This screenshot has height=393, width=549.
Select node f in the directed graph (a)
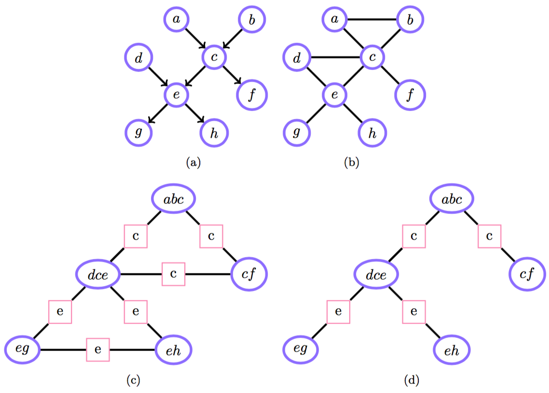coord(251,95)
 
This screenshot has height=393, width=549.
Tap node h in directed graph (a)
coord(213,132)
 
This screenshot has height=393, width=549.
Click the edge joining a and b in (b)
coord(372,20)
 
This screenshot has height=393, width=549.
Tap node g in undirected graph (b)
coord(297,132)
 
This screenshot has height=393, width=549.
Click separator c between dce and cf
coord(174,274)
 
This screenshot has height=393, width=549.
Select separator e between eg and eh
coord(98,349)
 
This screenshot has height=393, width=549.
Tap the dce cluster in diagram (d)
coord(376,275)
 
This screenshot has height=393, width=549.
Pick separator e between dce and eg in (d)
coord(338,311)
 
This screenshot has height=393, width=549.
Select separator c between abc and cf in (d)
coord(489,237)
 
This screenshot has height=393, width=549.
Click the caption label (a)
coord(193,163)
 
